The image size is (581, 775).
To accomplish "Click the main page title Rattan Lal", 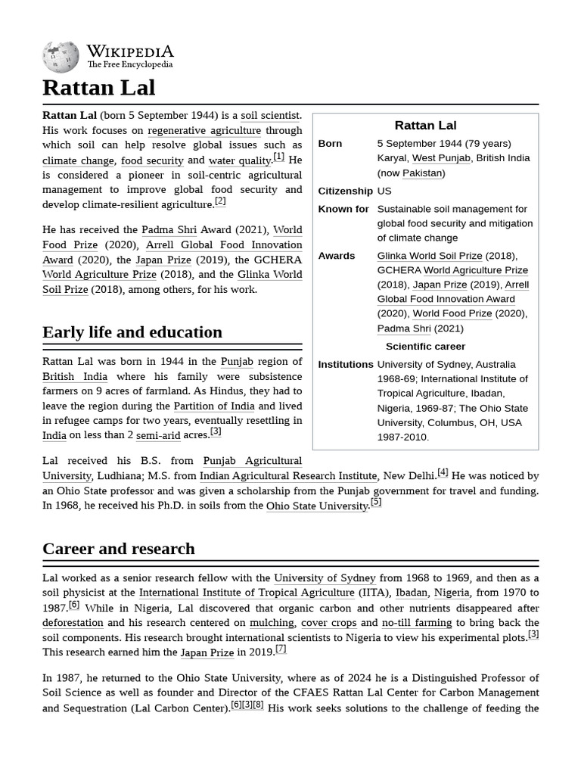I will tap(99, 88).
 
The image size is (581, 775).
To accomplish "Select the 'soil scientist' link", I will tap(271, 116).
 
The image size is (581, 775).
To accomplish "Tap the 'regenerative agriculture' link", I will tap(204, 130).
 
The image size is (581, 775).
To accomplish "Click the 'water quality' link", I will tap(239, 160).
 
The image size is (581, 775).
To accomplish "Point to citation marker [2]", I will tap(220, 201).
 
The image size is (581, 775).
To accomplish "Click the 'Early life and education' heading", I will tap(132, 332).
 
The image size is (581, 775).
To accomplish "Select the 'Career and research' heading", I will tap(119, 549).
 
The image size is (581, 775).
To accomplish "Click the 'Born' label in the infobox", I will tap(331, 144).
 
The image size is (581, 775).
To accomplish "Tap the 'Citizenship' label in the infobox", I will tap(346, 191).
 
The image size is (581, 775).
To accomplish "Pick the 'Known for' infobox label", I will tap(343, 209).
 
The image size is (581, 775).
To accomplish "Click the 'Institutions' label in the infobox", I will tap(346, 365).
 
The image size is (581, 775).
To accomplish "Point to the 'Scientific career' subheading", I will tap(426, 347).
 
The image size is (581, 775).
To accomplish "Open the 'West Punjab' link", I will tap(441, 158).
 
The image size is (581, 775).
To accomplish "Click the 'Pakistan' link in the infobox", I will tap(422, 173).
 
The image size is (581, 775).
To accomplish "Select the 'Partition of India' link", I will tap(214, 406).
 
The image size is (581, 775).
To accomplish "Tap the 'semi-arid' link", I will tap(159, 435).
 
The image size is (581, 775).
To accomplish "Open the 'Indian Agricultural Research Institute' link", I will tap(288, 476).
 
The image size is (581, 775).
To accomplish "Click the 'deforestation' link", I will tap(73, 623).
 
